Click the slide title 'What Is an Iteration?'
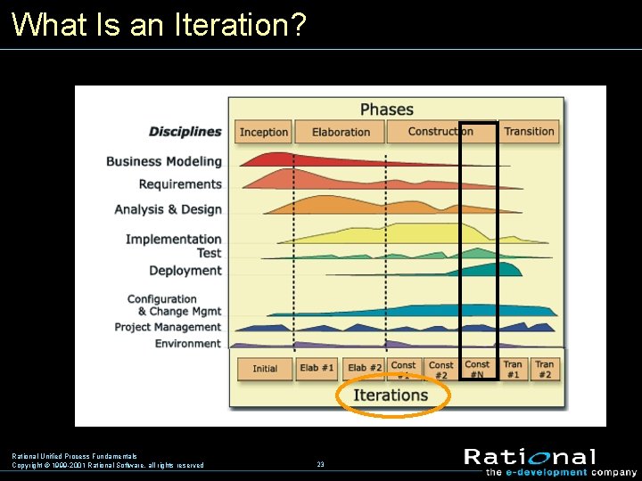(159, 24)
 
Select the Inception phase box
(264, 132)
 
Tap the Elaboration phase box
(341, 132)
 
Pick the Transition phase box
(529, 131)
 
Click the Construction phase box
(440, 131)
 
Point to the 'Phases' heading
(386, 110)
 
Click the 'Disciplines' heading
(185, 132)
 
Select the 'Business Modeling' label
(164, 161)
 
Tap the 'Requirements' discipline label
(180, 184)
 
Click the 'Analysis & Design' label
(168, 209)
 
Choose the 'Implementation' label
(173, 239)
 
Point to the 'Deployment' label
(185, 271)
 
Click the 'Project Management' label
(168, 327)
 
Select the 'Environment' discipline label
(187, 343)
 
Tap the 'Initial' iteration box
(265, 369)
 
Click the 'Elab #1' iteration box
(317, 369)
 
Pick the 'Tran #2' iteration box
(545, 369)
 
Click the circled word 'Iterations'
(391, 395)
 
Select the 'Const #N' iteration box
(477, 369)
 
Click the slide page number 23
(320, 464)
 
